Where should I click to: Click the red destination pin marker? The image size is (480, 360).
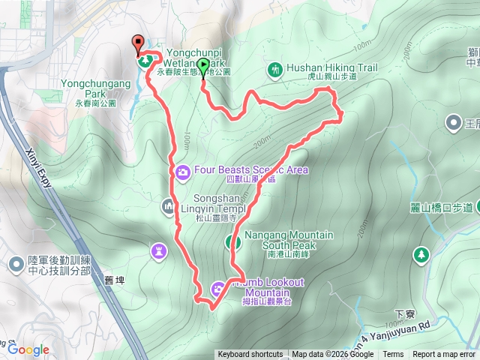pos(138,43)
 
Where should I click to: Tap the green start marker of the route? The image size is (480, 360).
pos(204,64)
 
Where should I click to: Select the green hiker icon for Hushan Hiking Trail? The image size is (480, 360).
pos(275,70)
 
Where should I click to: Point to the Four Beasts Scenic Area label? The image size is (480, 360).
pos(251,169)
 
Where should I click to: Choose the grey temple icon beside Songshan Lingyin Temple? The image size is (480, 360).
pos(168,204)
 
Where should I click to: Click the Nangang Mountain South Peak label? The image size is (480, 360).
pos(278,240)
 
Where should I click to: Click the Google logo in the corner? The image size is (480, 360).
pos(28,349)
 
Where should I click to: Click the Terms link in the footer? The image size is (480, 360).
pos(393,355)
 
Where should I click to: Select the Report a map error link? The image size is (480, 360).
pos(443,355)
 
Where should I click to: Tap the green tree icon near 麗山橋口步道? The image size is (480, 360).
pos(421,254)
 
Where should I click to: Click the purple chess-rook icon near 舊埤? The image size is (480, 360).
pos(158,250)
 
